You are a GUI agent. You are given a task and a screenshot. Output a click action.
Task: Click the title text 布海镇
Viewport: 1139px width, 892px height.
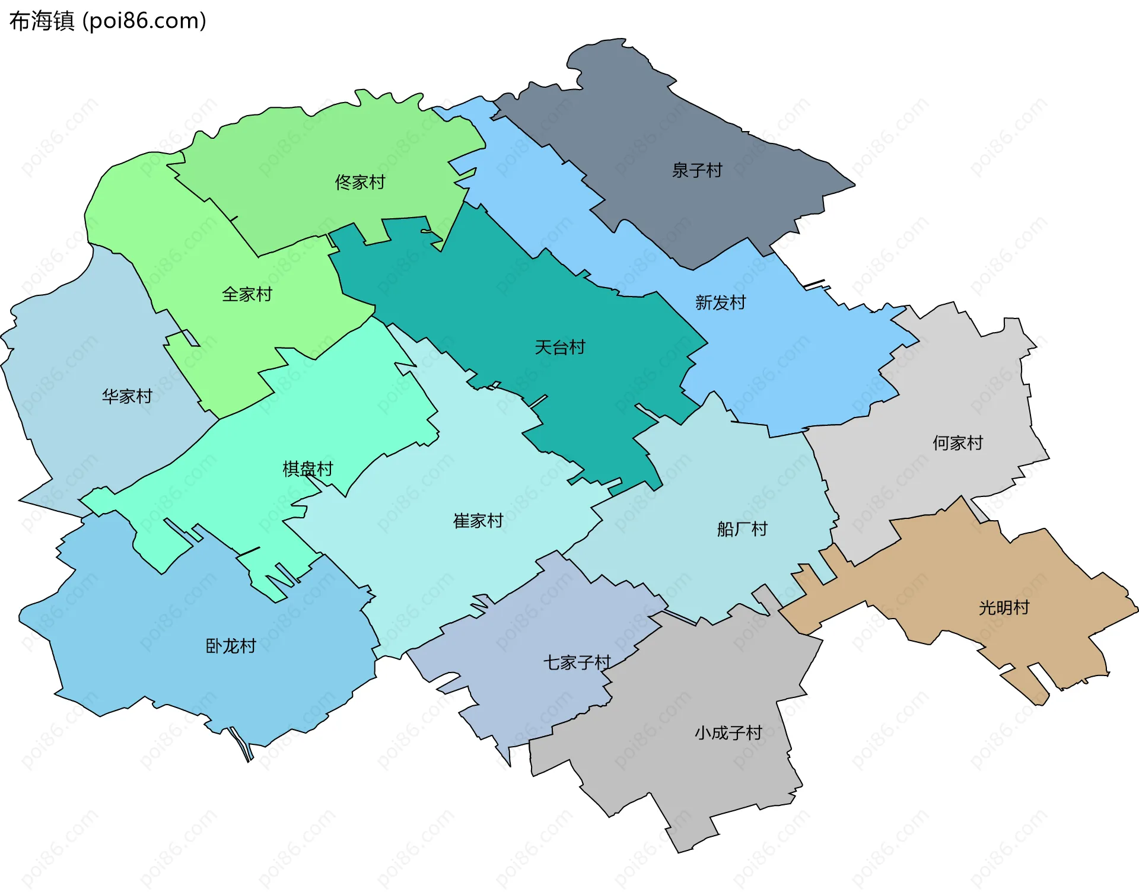[x=42, y=21]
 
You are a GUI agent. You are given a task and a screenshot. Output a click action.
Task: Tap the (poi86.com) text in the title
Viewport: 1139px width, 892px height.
[x=144, y=21]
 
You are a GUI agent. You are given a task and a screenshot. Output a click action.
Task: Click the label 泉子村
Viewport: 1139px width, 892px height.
[x=697, y=171]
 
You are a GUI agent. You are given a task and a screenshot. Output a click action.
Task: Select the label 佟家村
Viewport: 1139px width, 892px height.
[x=360, y=183]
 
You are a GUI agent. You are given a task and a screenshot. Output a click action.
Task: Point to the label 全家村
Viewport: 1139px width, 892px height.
[x=247, y=295]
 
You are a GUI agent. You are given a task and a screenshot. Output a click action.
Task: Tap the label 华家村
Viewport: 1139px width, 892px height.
[x=127, y=396]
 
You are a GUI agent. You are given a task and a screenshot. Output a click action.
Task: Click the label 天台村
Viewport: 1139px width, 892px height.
[x=560, y=348]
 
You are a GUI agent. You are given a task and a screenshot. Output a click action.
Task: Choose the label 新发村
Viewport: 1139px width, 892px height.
[x=721, y=303]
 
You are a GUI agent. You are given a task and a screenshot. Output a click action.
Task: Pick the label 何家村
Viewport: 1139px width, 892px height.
[x=957, y=443]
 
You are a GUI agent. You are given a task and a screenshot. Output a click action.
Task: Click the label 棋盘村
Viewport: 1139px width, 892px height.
[x=308, y=469]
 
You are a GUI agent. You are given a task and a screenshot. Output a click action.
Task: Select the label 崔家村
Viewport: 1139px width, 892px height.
[x=478, y=521]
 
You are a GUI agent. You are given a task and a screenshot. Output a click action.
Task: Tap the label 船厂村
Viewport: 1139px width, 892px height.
[x=742, y=529]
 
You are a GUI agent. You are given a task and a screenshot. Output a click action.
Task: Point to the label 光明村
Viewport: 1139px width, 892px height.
[x=1004, y=608]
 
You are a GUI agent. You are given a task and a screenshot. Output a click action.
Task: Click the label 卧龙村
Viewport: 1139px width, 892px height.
[x=231, y=646]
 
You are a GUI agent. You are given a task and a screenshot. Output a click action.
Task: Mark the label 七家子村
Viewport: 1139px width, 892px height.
[x=577, y=663]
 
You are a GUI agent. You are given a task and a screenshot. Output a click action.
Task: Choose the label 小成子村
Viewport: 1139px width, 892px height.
[x=728, y=734]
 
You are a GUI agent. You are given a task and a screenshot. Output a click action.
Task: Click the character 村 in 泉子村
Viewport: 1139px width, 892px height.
[x=714, y=171]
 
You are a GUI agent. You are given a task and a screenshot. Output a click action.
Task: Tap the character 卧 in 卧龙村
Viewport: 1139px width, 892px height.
[x=214, y=646]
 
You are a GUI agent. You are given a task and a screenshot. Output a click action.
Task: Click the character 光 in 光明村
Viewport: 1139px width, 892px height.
[x=987, y=608]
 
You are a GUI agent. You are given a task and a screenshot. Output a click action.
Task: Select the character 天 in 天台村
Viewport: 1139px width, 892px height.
[x=543, y=348]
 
